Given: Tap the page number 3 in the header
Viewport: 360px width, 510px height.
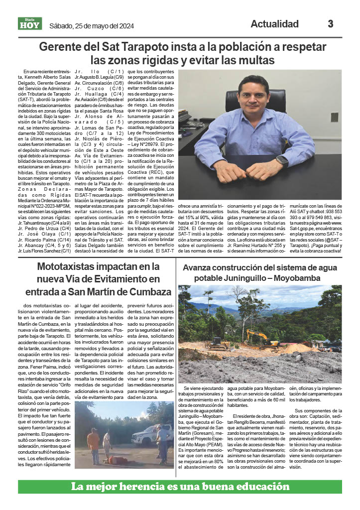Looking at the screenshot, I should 330,24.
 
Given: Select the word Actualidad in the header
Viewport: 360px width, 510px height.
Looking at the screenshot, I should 274,24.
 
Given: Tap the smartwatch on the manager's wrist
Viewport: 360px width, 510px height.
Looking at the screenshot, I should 282,161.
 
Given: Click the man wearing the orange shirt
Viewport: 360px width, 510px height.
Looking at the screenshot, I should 93,445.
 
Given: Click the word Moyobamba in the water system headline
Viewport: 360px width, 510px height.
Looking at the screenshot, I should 294,278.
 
